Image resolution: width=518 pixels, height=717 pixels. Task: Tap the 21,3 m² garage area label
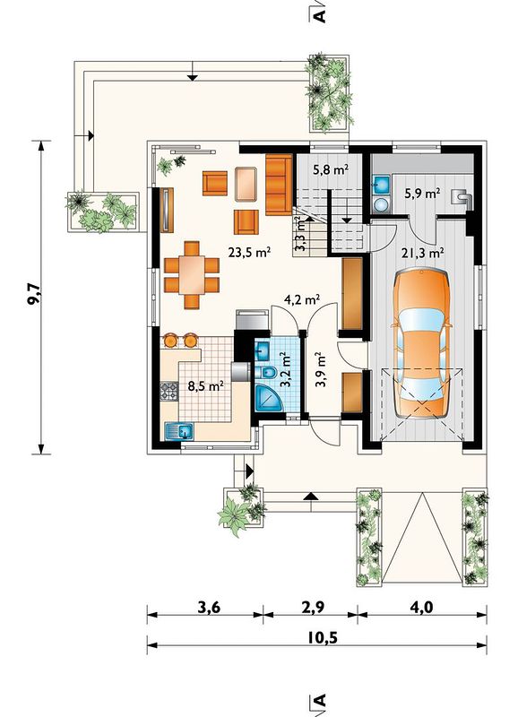(x=423, y=253)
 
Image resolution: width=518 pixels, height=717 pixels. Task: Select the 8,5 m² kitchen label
(x=206, y=386)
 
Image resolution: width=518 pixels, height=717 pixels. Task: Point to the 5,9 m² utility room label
(x=422, y=194)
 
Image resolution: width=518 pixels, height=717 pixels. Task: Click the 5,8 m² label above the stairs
(x=331, y=170)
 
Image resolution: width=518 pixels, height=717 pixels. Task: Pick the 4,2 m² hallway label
(x=302, y=299)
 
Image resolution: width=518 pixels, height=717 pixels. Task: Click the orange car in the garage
(x=421, y=343)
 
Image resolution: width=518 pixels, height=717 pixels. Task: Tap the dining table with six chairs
(x=192, y=275)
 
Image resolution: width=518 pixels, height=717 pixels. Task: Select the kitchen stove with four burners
(x=168, y=391)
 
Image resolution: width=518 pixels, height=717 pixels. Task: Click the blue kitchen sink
(x=179, y=431)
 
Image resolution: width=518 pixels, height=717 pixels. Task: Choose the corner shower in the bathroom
(x=268, y=398)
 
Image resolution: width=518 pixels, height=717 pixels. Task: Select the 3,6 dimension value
(x=209, y=608)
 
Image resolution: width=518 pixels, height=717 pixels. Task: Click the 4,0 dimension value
(x=421, y=608)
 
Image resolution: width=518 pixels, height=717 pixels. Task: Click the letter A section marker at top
(x=321, y=14)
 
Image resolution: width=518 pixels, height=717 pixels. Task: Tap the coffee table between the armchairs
(x=246, y=184)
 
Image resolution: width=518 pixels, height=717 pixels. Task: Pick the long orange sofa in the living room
(x=279, y=185)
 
